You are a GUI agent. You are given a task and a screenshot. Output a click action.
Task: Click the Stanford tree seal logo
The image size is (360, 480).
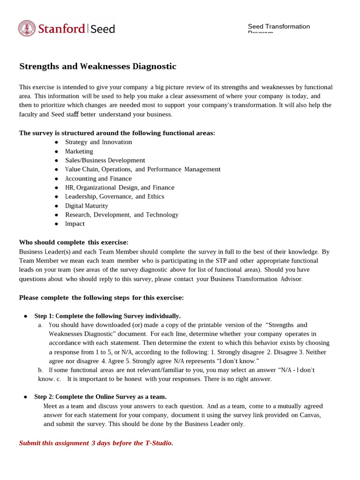pyautogui.click(x=27, y=29)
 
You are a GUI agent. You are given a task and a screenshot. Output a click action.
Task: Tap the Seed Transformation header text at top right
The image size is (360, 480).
pyautogui.click(x=278, y=27)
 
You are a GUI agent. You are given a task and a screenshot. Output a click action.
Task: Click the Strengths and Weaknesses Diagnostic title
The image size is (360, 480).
pyautogui.click(x=97, y=67)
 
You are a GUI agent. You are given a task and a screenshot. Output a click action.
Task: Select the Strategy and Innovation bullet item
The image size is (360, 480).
pyautogui.click(x=98, y=142)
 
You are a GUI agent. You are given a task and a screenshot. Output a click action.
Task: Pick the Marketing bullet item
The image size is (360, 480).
pyautogui.click(x=79, y=151)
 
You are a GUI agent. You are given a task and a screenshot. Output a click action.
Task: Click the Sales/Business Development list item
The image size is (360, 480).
pyautogui.click(x=105, y=160)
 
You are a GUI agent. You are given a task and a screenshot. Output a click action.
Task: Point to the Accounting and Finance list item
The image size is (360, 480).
pyautogui.click(x=98, y=179)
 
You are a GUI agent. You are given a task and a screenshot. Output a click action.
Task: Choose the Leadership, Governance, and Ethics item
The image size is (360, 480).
pyautogui.click(x=114, y=196)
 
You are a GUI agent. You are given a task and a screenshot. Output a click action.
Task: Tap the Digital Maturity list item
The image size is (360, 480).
pyautogui.click(x=86, y=206)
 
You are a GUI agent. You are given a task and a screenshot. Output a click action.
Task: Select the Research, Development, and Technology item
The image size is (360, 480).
pyautogui.click(x=121, y=215)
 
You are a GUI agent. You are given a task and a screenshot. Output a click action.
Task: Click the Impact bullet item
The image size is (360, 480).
pyautogui.click(x=75, y=224)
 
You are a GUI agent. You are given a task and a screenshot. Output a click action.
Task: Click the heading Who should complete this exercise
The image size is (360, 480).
pyautogui.click(x=74, y=242)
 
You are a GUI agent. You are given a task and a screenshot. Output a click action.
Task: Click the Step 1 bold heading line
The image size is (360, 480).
pyautogui.click(x=107, y=316)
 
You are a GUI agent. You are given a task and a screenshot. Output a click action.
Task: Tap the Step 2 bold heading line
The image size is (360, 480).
pyautogui.click(x=100, y=397)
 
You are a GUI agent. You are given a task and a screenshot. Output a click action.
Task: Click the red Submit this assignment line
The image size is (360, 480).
pyautogui.click(x=96, y=443)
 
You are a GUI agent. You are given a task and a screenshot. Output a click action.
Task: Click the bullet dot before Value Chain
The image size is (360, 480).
pyautogui.click(x=56, y=170)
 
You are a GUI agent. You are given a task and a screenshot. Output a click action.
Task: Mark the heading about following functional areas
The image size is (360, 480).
pyautogui.click(x=117, y=133)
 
